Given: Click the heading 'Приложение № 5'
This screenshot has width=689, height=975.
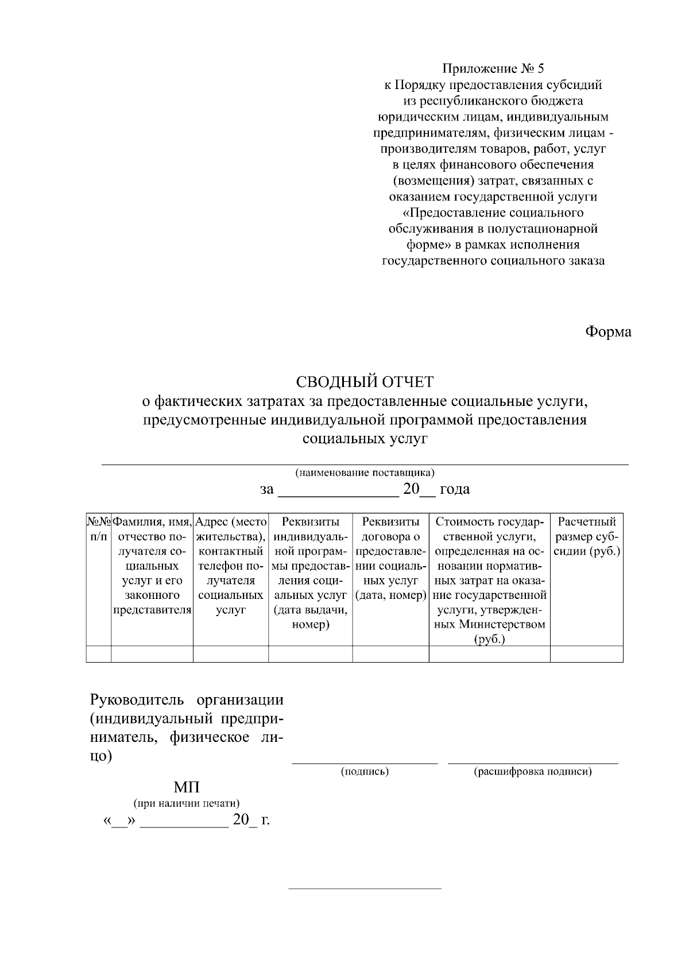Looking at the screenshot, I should [x=493, y=69].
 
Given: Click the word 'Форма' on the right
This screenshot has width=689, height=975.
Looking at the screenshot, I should [x=608, y=332].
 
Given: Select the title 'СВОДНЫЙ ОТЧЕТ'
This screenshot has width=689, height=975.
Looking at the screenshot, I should [x=365, y=381].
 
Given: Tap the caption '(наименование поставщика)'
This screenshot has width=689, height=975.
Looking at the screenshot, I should [x=365, y=473].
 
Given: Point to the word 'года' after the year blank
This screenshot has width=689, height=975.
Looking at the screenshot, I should [x=454, y=489].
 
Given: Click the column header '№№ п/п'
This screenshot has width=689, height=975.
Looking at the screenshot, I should [x=98, y=529].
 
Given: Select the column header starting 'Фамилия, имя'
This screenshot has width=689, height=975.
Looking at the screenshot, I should [x=152, y=566].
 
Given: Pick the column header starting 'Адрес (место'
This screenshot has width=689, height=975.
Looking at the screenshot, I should [x=231, y=566].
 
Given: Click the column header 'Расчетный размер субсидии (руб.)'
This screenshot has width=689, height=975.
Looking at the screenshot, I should [x=587, y=536].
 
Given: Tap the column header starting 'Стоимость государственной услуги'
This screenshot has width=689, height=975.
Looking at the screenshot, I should [x=490, y=580].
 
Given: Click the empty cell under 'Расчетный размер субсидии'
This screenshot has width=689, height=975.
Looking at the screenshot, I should [x=587, y=654].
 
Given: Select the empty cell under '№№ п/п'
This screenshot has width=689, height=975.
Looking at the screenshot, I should [x=98, y=654].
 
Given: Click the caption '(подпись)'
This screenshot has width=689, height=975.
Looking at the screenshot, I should [x=365, y=772].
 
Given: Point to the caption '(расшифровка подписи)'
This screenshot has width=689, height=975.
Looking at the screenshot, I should [x=532, y=772].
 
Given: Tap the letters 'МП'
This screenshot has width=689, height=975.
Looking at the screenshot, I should [x=187, y=787].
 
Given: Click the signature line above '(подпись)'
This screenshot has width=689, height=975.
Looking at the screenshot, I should [x=365, y=763].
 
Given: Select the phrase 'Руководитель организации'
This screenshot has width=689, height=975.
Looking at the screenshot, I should [x=187, y=700].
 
